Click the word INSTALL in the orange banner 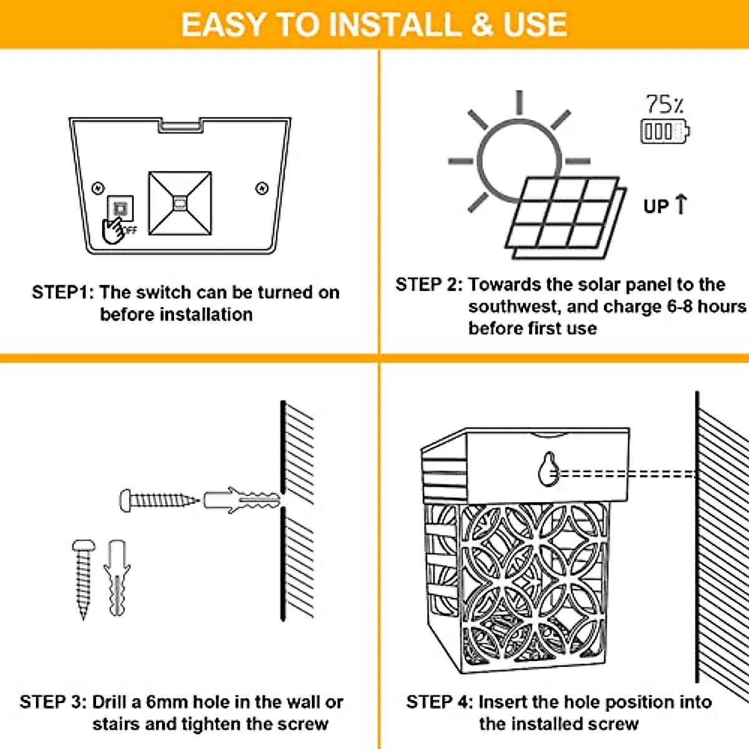tap(397, 24)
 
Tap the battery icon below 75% tap(665, 131)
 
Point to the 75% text tap(665, 104)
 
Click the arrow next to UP tap(680, 204)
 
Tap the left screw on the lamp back tap(98, 188)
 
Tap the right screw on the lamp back tap(262, 188)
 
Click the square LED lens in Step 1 tap(180, 203)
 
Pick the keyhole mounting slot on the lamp tap(549, 469)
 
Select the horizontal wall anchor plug tap(242, 500)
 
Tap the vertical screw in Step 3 tap(84, 579)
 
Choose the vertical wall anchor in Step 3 tap(117, 578)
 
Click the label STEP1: tap(63, 292)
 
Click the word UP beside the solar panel tap(656, 206)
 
